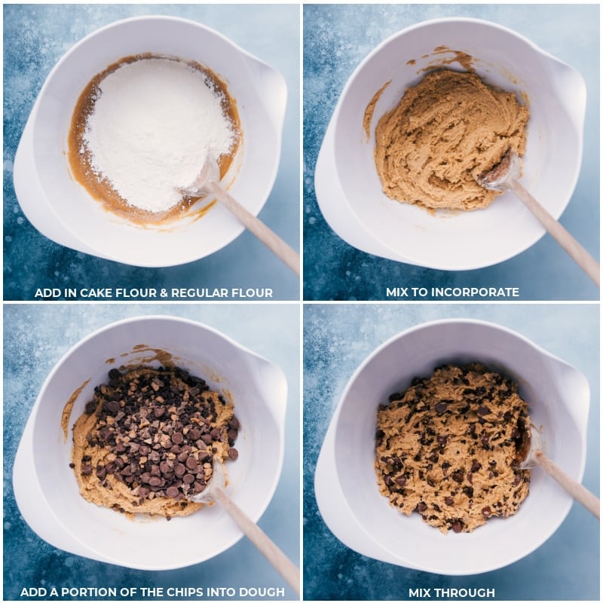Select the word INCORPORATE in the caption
pyautogui.click(x=475, y=292)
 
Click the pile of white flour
pyautogui.click(x=155, y=128)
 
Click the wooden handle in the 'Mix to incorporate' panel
pyautogui.click(x=554, y=226)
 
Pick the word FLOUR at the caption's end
pyautogui.click(x=254, y=292)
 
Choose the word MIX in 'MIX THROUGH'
pyautogui.click(x=421, y=592)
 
